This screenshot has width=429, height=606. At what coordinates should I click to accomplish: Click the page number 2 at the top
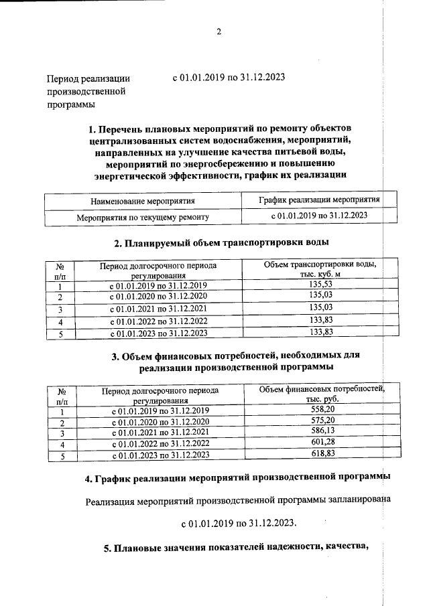[218, 31]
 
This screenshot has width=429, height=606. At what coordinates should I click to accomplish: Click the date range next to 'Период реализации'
[229, 77]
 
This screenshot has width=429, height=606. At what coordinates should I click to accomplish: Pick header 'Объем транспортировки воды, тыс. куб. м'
[320, 270]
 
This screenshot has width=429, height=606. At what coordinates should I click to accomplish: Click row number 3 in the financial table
[62, 433]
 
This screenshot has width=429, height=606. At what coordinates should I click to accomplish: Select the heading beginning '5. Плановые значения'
[237, 548]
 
